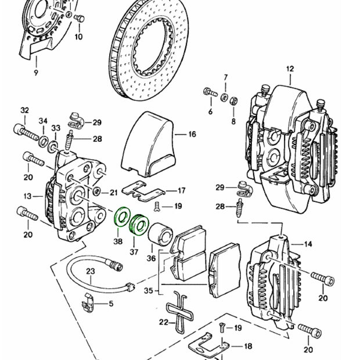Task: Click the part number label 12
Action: coord(290,70)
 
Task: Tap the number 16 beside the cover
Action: coord(192,134)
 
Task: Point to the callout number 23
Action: coord(90,271)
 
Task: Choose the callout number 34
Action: coord(42,121)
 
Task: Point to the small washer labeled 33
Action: coord(53,142)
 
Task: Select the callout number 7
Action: coord(226,77)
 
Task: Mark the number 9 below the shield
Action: coord(35,73)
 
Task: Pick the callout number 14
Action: coord(308,244)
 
